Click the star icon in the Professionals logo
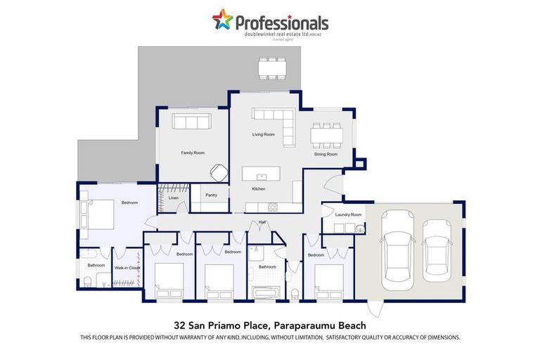[x=222, y=20]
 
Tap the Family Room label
[x=192, y=153]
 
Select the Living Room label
[x=264, y=134]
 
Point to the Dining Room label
[x=326, y=154]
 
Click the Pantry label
[x=210, y=195]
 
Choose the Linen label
[x=174, y=198]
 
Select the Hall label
[x=262, y=222]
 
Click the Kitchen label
[x=259, y=189]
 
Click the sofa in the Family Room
[x=192, y=122]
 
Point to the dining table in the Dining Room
[x=327, y=135]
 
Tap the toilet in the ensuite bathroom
[x=87, y=282]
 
